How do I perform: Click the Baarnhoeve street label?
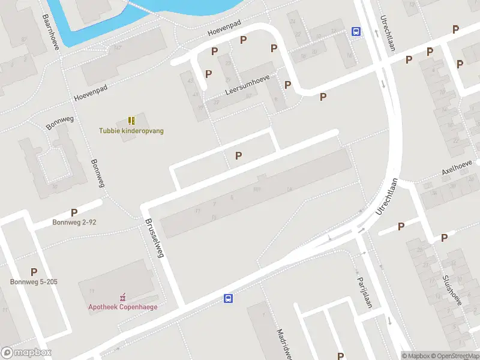[x=50, y=32]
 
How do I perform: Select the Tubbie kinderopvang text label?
[x=131, y=131]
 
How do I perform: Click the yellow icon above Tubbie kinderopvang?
[x=131, y=121]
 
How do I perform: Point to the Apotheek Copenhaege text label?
[x=123, y=307]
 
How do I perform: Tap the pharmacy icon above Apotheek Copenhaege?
[x=123, y=297]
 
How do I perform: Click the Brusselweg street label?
[x=154, y=238]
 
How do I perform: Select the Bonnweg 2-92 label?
[x=74, y=222]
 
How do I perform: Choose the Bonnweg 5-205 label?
[x=34, y=281]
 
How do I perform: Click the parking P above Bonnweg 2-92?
[x=74, y=212]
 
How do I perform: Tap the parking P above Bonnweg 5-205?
[x=34, y=272]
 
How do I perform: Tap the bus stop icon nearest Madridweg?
[x=228, y=298]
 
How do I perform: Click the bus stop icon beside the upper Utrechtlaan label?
[x=356, y=32]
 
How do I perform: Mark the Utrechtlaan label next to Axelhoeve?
[x=388, y=197]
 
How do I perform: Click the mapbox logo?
[x=26, y=353]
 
